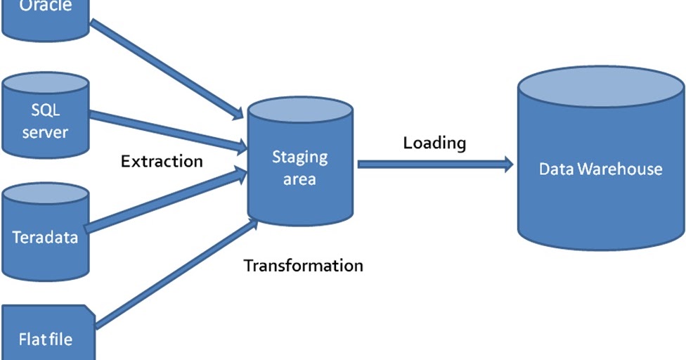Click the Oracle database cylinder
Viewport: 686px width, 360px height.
point(45,18)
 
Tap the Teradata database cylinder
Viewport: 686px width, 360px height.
point(45,236)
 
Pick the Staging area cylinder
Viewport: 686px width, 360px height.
point(299,169)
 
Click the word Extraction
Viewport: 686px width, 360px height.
point(162,161)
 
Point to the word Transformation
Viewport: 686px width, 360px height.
point(303,266)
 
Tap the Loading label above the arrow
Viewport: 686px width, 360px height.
point(434,143)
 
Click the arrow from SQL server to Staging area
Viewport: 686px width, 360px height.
point(169,130)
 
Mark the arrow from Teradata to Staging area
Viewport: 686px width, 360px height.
point(166,200)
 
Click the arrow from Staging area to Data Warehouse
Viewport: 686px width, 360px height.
point(435,165)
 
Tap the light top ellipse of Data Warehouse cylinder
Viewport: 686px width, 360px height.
point(600,86)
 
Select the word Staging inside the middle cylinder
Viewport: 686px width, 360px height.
point(299,156)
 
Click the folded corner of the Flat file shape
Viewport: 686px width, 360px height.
point(89,309)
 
